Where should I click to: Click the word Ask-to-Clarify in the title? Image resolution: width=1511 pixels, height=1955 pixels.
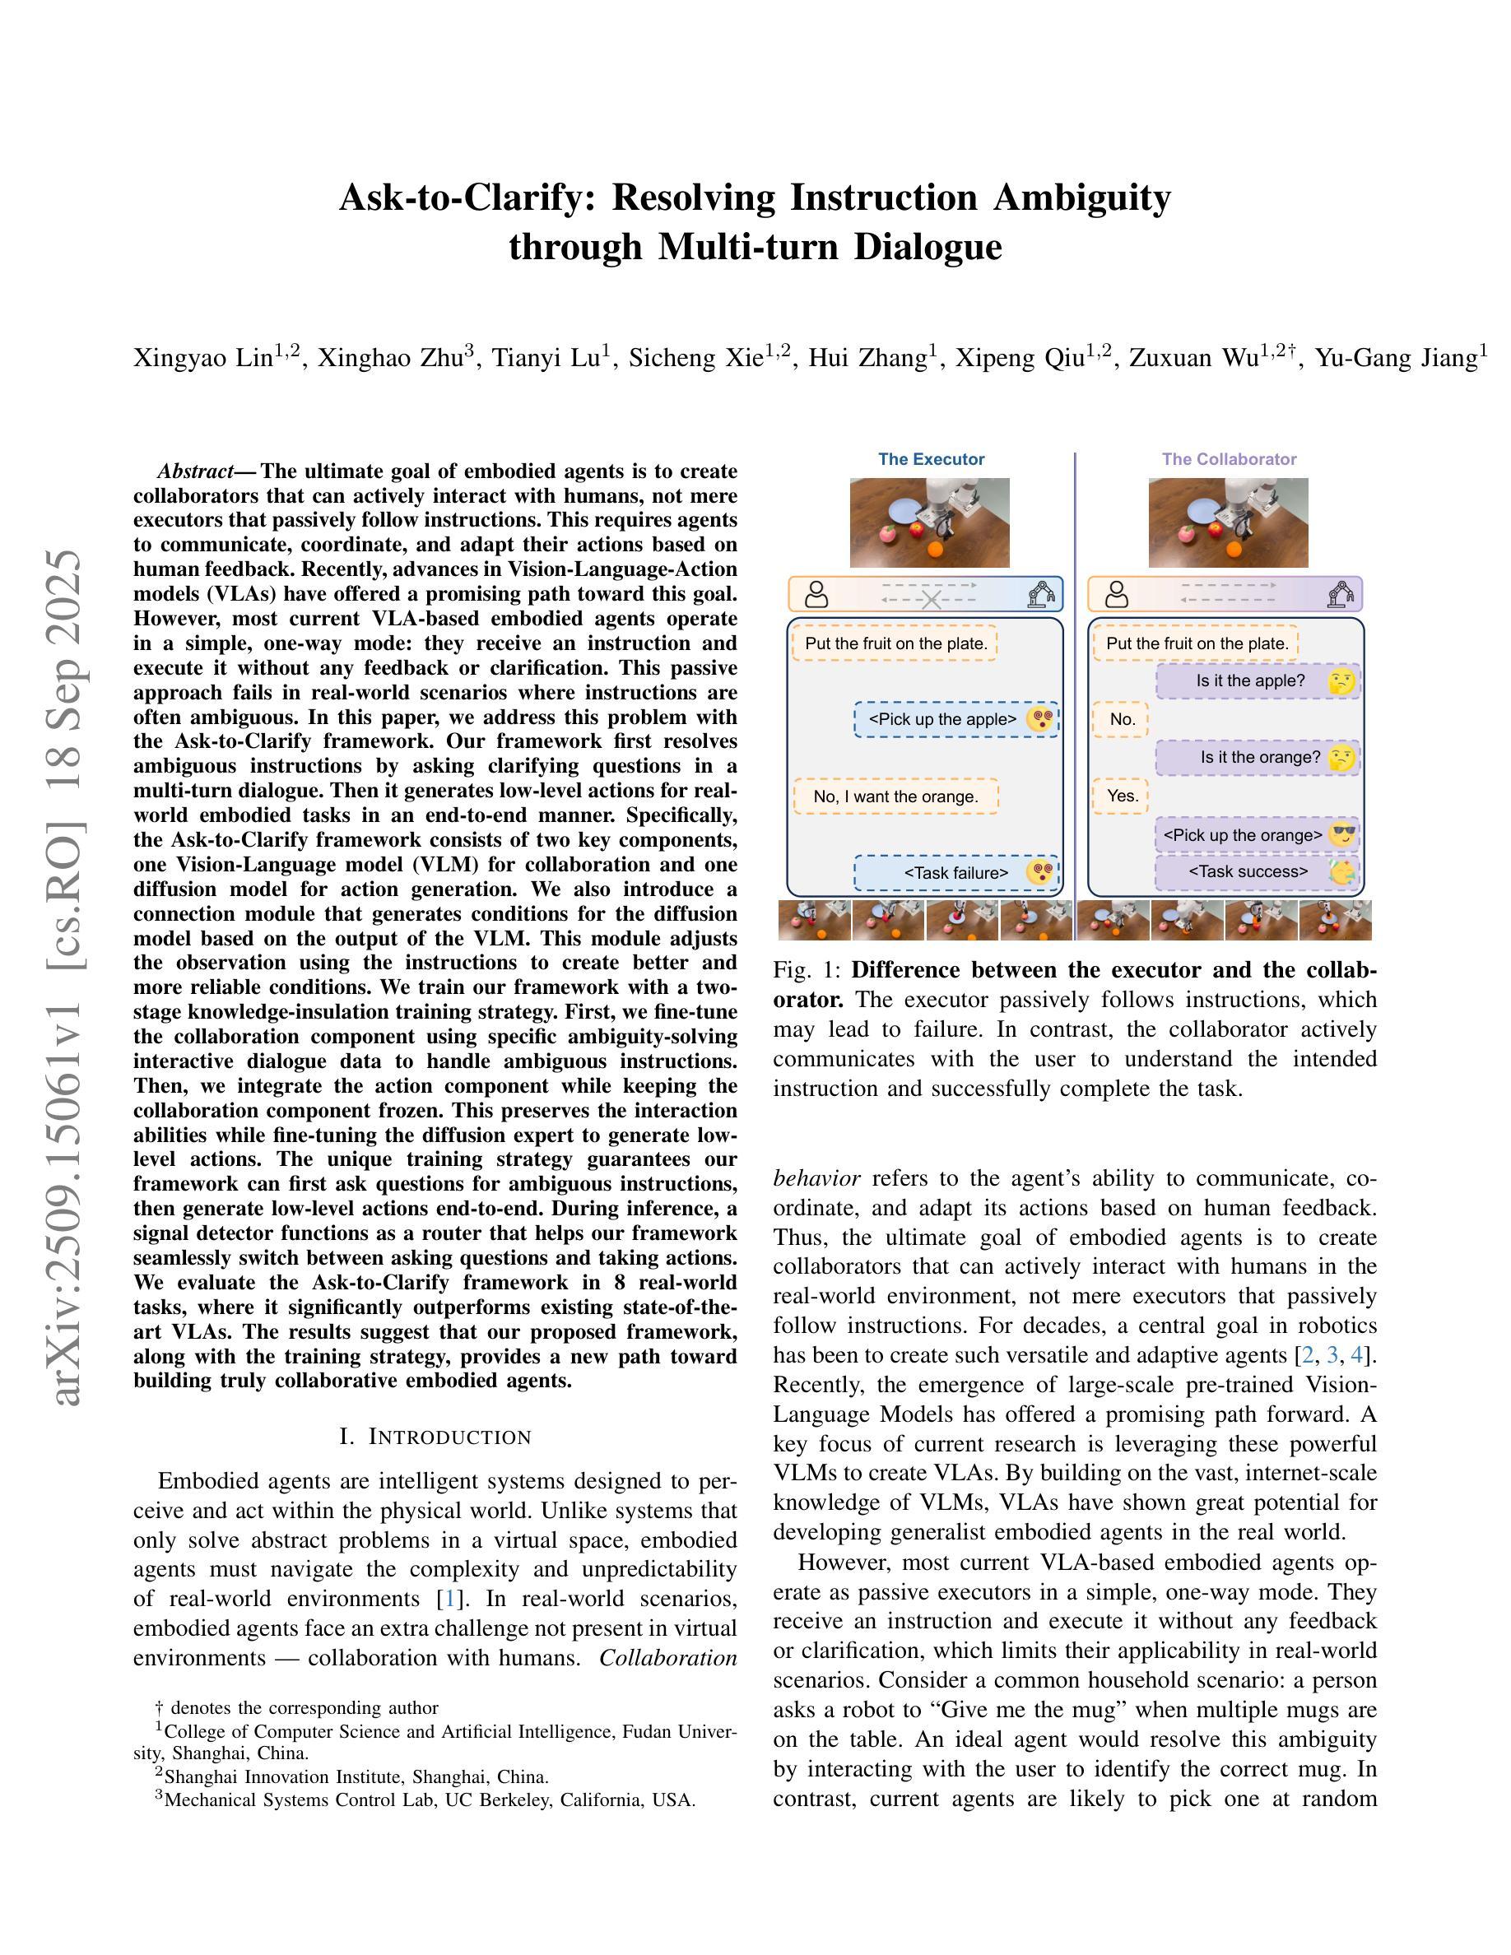467,197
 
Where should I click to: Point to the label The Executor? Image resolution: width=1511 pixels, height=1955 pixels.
931,459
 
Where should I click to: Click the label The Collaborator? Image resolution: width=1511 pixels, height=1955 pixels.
1229,459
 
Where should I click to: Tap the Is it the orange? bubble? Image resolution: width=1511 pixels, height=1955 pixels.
1258,758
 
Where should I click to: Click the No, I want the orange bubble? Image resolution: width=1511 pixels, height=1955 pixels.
895,796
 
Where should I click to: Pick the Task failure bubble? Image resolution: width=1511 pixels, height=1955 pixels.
956,873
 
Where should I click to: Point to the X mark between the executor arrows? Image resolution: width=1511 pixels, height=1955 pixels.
931,599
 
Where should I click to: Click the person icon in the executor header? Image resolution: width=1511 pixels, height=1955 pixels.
816,595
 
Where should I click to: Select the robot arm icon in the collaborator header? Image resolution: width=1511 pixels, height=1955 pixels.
1340,595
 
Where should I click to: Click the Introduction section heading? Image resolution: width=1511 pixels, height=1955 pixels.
436,1437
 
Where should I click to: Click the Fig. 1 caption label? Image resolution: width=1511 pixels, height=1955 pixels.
808,970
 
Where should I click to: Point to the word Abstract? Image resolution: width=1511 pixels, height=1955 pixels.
195,471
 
